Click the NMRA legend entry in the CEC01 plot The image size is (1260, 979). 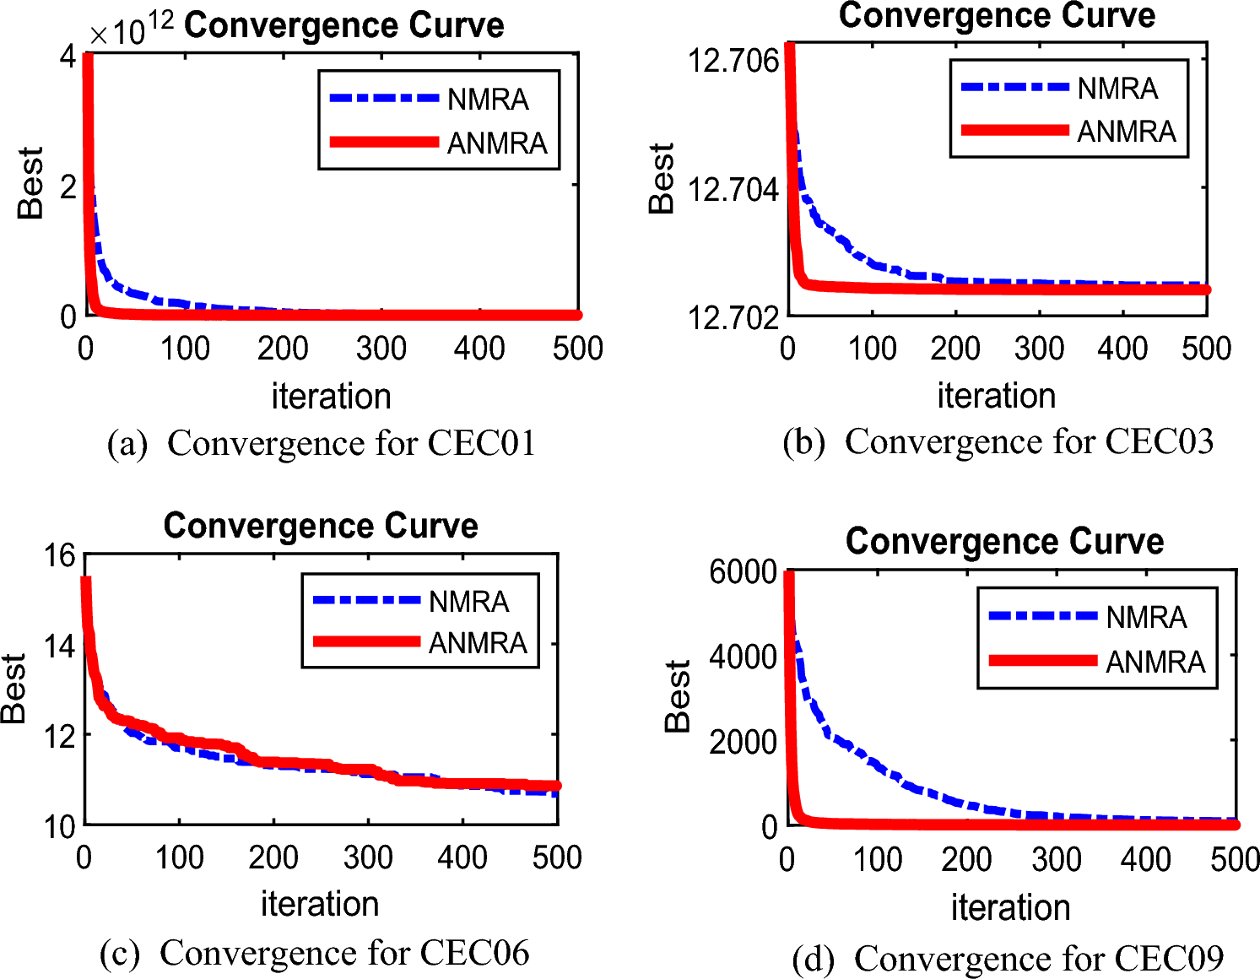tap(487, 100)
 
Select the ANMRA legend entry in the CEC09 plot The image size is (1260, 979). tap(1155, 662)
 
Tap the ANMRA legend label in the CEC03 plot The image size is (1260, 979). tap(1126, 132)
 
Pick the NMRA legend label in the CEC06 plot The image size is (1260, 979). tap(468, 602)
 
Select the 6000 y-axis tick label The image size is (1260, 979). tap(743, 572)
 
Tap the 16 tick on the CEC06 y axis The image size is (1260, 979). tap(60, 555)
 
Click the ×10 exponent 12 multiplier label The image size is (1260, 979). tap(132, 30)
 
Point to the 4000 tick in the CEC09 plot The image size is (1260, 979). tap(743, 657)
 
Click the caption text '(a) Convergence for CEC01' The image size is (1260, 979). tap(322, 443)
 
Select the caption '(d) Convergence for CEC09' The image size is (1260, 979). tap(1008, 959)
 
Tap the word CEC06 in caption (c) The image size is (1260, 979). tap(474, 953)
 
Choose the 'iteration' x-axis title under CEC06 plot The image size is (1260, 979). tap(319, 904)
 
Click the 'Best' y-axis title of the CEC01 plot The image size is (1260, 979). tap(30, 183)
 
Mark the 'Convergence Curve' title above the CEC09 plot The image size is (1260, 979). tap(1004, 541)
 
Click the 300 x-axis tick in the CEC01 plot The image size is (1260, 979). tap(381, 348)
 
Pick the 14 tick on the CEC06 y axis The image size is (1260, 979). tap(60, 646)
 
